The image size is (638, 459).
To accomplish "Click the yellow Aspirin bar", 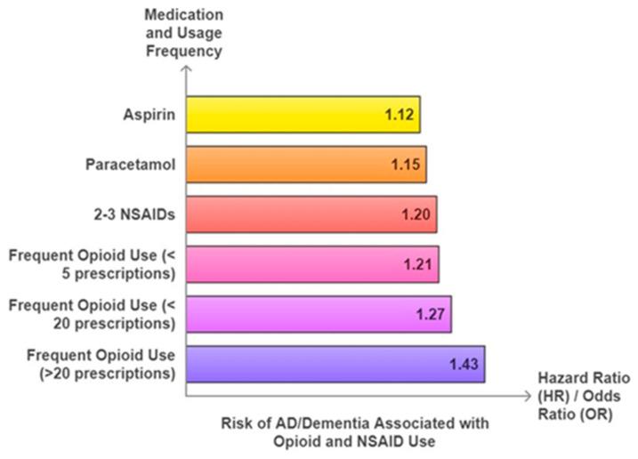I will click(x=303, y=115).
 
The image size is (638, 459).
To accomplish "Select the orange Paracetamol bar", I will click(x=305, y=165).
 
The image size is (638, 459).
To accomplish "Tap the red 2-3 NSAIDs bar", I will click(x=311, y=214).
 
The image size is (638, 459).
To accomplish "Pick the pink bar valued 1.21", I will click(x=311, y=264).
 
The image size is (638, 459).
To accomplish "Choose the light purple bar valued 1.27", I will click(x=318, y=314).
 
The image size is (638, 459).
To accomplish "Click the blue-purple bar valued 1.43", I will click(x=335, y=364).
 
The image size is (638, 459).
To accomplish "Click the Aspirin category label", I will click(x=148, y=115).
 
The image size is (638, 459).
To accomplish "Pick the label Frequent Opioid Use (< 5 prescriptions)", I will click(x=93, y=264).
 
